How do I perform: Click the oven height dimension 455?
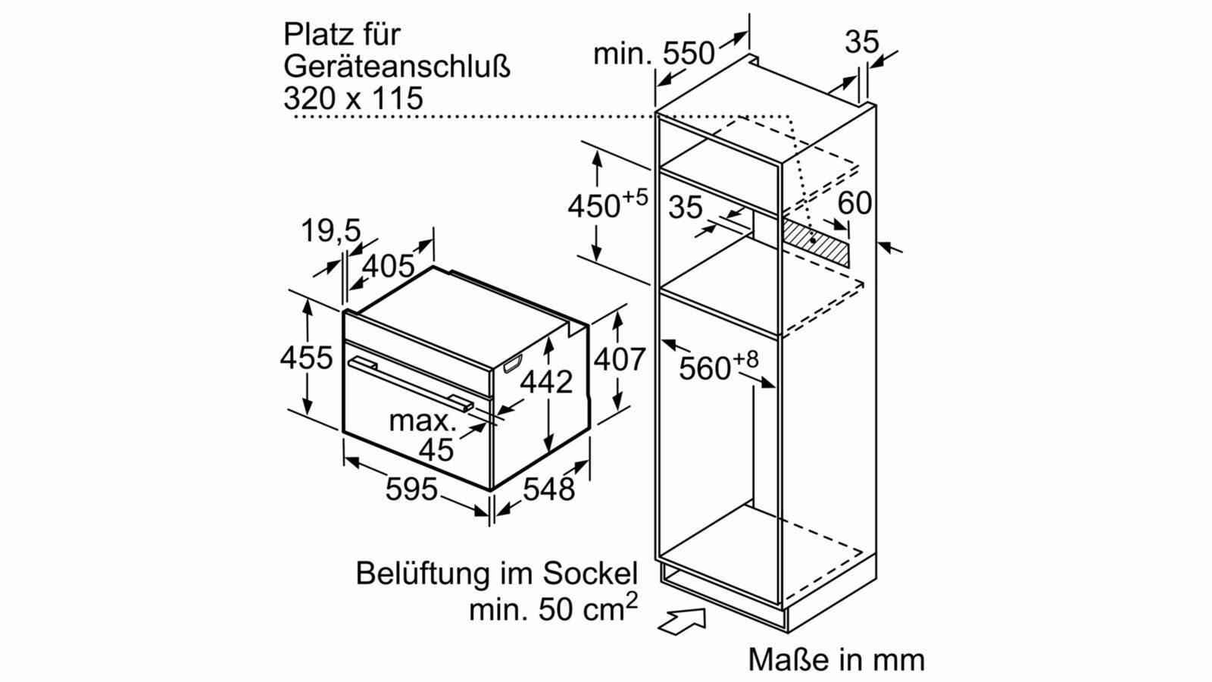coord(306,358)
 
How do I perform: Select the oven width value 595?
coord(411,490)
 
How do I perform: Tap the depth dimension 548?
coord(548,490)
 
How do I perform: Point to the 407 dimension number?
coord(620,359)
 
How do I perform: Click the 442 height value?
coord(546,382)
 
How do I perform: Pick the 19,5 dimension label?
coord(330,231)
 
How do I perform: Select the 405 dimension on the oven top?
coord(388,266)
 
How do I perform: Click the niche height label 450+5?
coord(608,203)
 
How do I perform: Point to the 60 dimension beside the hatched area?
coord(855,204)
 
